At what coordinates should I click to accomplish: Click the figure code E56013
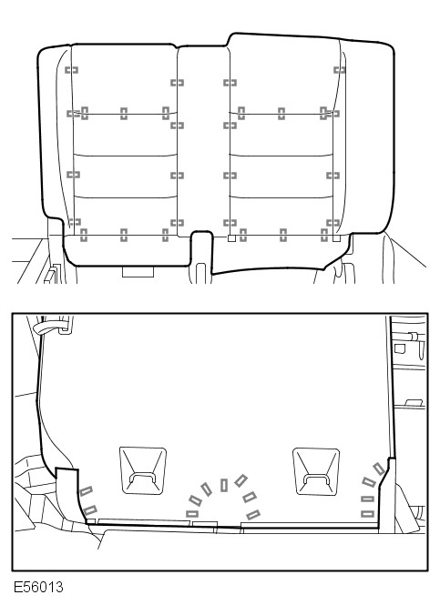point(38,587)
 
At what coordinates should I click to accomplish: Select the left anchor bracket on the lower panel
point(143,470)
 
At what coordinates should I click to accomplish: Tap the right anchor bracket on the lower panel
point(316,471)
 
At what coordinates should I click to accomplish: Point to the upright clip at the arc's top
point(224,485)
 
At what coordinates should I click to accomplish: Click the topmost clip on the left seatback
point(71,70)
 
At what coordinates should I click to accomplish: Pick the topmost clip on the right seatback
point(340,70)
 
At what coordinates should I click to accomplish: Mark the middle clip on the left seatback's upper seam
point(124,114)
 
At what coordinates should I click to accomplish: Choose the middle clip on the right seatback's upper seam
point(281,114)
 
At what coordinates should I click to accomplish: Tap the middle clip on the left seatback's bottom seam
point(124,235)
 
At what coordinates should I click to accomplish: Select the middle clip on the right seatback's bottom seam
point(283,235)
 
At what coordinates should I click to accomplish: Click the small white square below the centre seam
point(231,238)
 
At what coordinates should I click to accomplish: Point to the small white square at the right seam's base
point(336,238)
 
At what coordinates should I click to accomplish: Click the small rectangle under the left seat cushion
point(138,272)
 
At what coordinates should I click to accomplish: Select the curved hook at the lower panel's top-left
point(46,328)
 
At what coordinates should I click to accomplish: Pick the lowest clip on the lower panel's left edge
point(89,511)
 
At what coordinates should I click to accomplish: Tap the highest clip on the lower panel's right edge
point(379,469)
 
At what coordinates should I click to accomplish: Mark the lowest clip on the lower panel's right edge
point(367,513)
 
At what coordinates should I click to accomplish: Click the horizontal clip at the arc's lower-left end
point(192,513)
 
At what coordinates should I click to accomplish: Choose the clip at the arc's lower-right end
point(253,515)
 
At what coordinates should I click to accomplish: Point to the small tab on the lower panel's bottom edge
point(205,524)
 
